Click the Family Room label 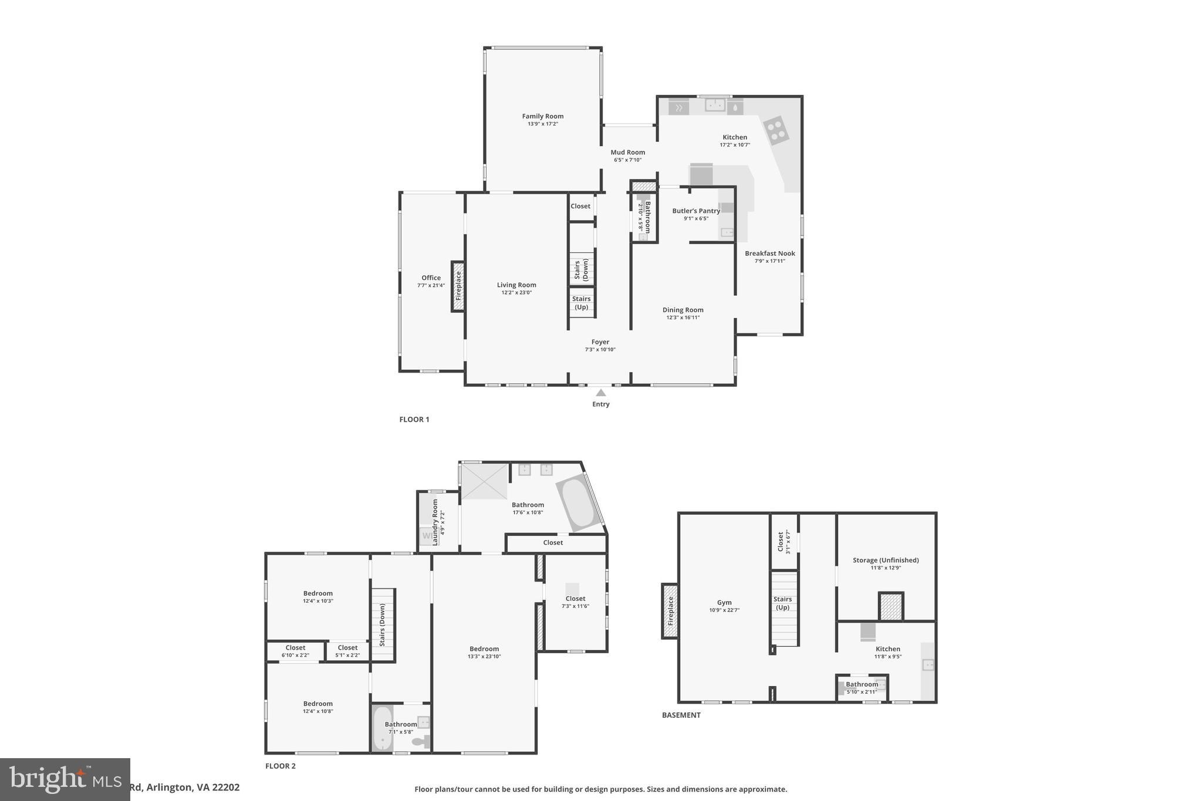click(x=542, y=116)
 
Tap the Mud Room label click(x=627, y=153)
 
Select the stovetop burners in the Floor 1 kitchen click(x=775, y=130)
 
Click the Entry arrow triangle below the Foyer click(x=600, y=393)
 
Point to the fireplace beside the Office click(x=458, y=286)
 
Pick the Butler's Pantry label click(x=696, y=211)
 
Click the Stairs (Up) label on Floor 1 click(x=581, y=303)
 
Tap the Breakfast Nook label click(x=769, y=254)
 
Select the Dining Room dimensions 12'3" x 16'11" click(x=683, y=317)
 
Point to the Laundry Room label click(x=435, y=522)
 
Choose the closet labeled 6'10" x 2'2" click(x=295, y=651)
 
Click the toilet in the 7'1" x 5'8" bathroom click(x=420, y=742)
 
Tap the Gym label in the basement click(x=724, y=603)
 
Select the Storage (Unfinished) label click(x=885, y=560)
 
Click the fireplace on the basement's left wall click(x=670, y=610)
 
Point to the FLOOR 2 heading click(x=281, y=766)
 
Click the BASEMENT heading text click(x=681, y=715)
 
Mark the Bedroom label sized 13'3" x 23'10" click(x=484, y=649)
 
